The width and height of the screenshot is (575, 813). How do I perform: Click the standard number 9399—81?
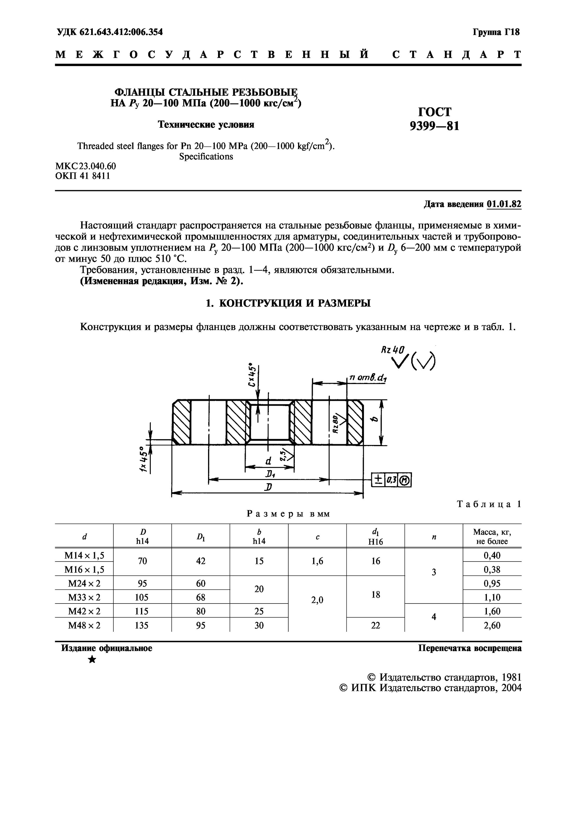click(x=434, y=126)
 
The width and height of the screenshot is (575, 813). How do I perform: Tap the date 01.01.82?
click(x=504, y=204)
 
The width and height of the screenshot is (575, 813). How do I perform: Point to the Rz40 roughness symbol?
click(x=392, y=350)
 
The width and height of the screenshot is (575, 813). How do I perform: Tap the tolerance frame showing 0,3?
click(x=391, y=480)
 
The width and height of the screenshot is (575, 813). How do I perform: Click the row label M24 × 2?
click(x=84, y=583)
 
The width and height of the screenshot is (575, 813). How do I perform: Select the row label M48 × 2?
click(x=84, y=625)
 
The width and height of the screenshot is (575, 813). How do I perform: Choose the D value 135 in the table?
click(x=142, y=625)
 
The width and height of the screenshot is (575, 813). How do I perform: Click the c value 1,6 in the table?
click(x=317, y=561)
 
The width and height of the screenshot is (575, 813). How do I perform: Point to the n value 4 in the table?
click(x=434, y=617)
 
